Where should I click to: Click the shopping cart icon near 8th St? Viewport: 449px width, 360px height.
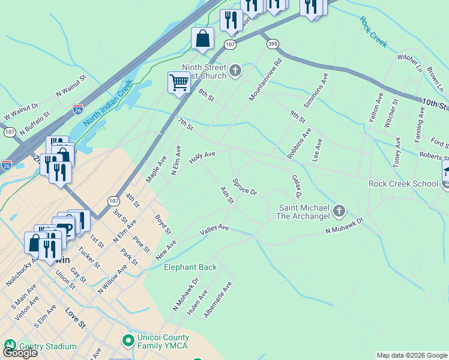179,82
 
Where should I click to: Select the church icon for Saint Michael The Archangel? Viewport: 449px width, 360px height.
339,211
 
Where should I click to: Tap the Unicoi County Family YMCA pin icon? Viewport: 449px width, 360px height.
127,341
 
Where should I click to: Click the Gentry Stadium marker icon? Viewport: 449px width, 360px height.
10,345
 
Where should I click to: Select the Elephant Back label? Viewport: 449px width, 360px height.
190,267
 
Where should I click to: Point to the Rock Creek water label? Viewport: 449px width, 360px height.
373,32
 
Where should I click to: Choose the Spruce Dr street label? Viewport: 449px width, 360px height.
244,187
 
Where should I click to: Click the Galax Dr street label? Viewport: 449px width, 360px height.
296,187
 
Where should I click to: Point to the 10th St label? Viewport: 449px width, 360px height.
435,105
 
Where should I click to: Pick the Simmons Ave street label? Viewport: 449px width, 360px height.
316,91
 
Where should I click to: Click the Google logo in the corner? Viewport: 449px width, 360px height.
20,353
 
